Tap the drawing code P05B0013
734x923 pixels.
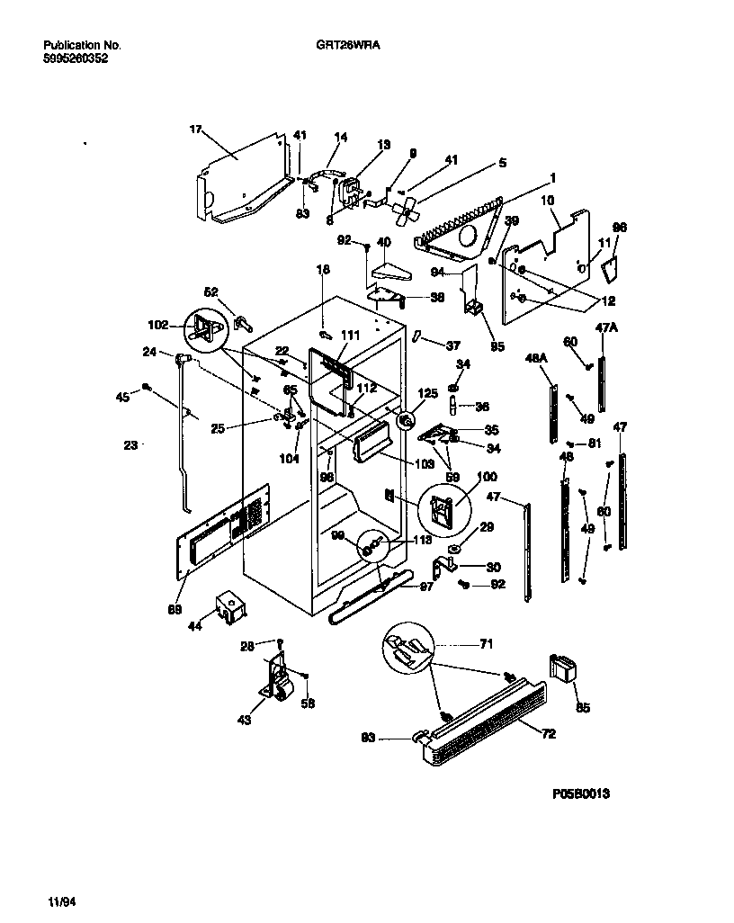pyautogui.click(x=588, y=795)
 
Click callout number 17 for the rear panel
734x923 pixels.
pyautogui.click(x=194, y=130)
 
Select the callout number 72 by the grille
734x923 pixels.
pyautogui.click(x=549, y=734)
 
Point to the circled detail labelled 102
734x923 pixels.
pyautogui.click(x=205, y=328)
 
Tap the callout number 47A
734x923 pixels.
pyautogui.click(x=606, y=329)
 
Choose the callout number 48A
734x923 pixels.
pyautogui.click(x=536, y=358)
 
